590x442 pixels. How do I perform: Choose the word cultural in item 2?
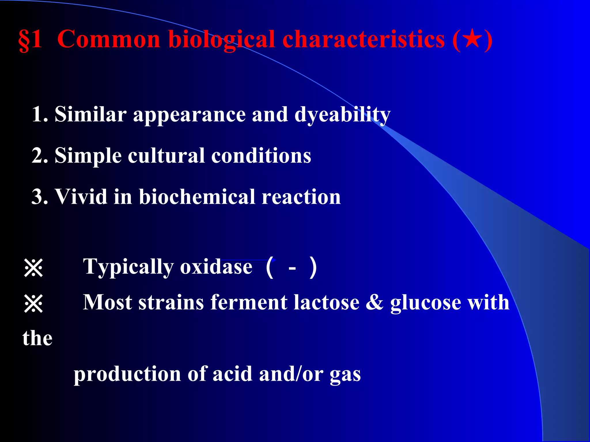(x=166, y=156)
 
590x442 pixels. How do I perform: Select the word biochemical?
(x=197, y=197)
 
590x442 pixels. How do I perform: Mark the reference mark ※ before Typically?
(x=33, y=268)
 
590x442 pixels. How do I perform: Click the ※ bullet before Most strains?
(x=33, y=304)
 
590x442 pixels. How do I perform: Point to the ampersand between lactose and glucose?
(x=375, y=303)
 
